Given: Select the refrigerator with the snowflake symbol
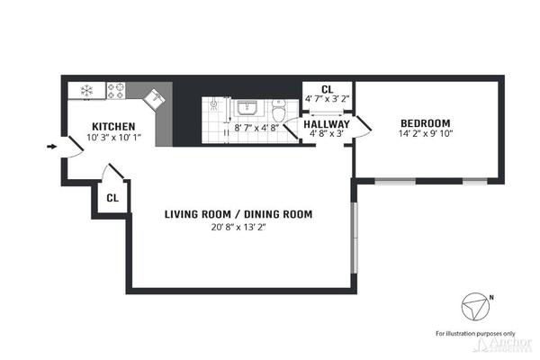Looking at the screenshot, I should pos(87,90).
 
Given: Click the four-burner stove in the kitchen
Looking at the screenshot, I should pos(116,90).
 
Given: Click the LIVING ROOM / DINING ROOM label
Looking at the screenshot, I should pos(238,214).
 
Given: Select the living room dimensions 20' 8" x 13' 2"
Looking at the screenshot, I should pos(238,227).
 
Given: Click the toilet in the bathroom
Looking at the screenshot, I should pos(280,112).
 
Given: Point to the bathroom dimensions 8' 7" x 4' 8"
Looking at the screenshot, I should pos(255,129).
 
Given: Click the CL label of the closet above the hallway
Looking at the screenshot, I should pos(327,88).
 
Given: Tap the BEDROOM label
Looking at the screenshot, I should pos(425,123).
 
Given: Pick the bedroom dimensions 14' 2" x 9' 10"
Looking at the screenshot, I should pos(425,135).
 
